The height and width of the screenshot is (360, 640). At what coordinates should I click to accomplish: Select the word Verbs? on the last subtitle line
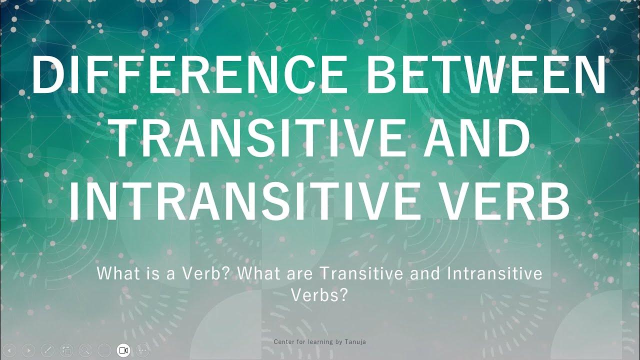[319, 295]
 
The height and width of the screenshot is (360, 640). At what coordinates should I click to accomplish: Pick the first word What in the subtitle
[112, 274]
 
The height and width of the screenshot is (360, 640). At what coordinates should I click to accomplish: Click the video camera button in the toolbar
[123, 350]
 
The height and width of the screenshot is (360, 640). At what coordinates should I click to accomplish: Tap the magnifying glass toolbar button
[85, 350]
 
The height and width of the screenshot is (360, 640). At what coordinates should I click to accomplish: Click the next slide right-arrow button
[28, 350]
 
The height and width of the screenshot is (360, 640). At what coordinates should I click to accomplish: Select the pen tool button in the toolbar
[47, 350]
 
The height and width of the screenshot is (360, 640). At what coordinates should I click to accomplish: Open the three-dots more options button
[143, 350]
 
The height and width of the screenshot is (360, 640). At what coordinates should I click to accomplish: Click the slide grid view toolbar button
[66, 350]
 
